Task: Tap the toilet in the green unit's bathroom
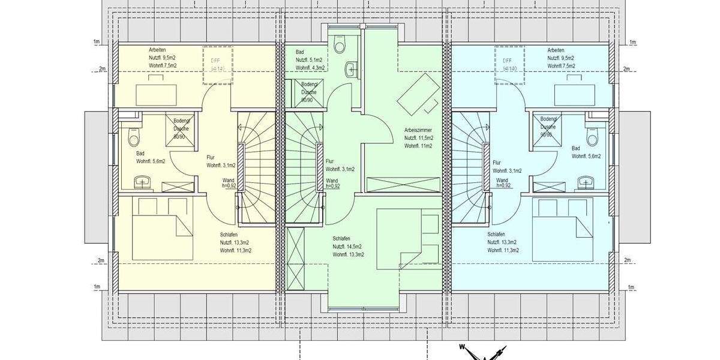(x=340, y=46)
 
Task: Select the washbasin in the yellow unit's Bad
(x=143, y=182)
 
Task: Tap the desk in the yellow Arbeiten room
(x=156, y=94)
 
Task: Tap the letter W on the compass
(x=463, y=346)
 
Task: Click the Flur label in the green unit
(x=329, y=161)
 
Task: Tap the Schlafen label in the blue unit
(x=496, y=235)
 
